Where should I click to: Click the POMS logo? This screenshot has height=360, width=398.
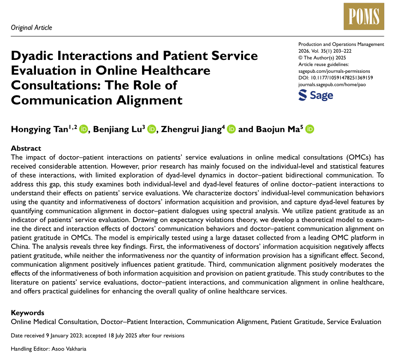(x=364, y=16)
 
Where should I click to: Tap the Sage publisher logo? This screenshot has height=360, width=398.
(x=315, y=95)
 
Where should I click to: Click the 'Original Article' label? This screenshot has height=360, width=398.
(x=31, y=28)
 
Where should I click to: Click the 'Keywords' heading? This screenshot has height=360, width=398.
(x=27, y=313)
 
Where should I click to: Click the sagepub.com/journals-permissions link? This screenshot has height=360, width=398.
(x=334, y=71)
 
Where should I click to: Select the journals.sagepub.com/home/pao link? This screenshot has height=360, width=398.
(x=332, y=84)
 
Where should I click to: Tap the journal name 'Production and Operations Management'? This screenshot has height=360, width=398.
(x=341, y=44)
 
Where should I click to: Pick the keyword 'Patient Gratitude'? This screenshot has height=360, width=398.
(x=297, y=322)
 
